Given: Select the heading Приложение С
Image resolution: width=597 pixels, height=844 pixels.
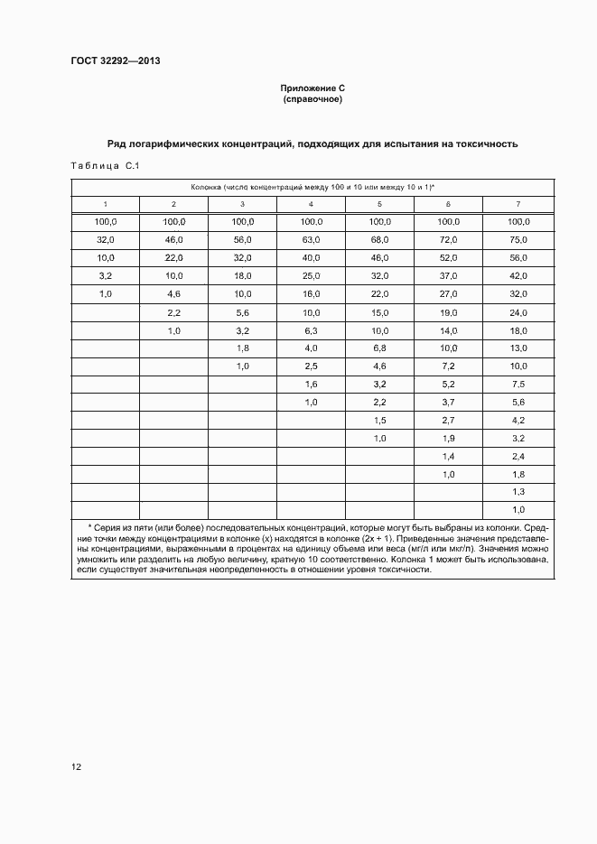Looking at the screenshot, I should (312, 88).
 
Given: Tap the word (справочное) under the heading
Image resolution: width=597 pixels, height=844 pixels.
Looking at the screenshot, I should (312, 99).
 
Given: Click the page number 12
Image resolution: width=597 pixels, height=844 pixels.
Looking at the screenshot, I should (76, 766).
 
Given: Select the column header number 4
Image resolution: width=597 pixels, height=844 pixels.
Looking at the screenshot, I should (312, 204).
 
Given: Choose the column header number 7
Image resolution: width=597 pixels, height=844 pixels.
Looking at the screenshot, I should (518, 204).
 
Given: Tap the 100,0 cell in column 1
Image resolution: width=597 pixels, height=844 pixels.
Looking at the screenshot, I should (105, 221).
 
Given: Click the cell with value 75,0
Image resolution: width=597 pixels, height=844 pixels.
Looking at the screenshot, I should (518, 239).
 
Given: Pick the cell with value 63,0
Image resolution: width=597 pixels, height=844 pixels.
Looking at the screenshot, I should (312, 239).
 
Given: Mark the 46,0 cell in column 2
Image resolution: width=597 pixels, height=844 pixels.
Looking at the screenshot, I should (173, 239).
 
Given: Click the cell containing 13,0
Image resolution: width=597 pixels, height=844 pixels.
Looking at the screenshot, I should (518, 348).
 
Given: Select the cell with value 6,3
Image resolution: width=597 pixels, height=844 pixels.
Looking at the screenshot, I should (312, 329).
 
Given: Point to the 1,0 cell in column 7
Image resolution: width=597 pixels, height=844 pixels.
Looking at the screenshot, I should (518, 510).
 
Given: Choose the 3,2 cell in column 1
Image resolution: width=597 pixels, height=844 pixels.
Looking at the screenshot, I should (105, 275).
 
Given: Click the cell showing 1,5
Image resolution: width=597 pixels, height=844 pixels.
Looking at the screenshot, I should (380, 420).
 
